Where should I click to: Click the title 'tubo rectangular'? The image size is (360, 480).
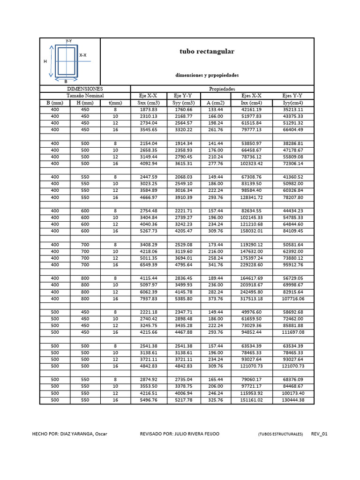coord(207,52)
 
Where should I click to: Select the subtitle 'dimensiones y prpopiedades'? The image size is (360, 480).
coord(207,75)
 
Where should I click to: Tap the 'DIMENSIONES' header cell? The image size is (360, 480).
coord(85,89)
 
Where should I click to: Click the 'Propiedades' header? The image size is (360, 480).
coord(222,89)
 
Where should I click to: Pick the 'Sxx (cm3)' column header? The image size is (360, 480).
coord(149,103)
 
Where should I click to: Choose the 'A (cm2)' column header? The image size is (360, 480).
coord(216,103)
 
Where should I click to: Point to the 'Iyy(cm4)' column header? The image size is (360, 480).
coord(293,103)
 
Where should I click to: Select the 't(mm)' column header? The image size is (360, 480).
coord(115,103)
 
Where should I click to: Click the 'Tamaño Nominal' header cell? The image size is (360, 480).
coord(85,96)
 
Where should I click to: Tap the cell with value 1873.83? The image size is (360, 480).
coord(149,110)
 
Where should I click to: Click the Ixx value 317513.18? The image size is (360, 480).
coord(251,299)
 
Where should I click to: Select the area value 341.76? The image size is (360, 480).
coord(216,265)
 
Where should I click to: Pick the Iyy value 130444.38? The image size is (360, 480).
coord(293,400)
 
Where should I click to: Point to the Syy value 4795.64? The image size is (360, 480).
coord(183,265)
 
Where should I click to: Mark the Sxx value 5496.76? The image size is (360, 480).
coord(149,400)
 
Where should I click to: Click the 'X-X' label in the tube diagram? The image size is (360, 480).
coord(82,55)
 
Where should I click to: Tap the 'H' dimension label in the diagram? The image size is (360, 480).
coord(45,61)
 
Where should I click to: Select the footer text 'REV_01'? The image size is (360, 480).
coord(319,434)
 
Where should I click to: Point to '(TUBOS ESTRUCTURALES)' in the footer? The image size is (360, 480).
coord(280,434)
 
